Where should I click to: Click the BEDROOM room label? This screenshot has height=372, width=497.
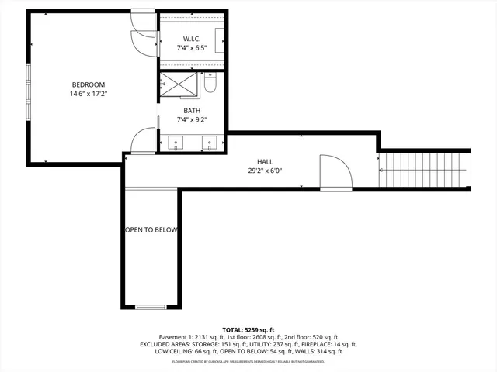88,84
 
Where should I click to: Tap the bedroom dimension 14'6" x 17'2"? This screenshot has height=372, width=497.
88,94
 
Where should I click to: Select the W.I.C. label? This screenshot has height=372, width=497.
192,39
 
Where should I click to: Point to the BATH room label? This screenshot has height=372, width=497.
192,110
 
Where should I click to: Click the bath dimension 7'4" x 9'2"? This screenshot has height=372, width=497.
192,119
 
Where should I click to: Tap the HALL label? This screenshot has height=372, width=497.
265,161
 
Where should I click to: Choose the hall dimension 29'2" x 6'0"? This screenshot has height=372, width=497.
265,170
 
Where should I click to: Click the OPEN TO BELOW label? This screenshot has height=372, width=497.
151,230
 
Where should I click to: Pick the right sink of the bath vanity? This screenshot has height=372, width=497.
209,142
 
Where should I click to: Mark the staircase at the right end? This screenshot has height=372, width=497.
425,170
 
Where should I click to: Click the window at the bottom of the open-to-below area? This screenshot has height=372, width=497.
151,307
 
